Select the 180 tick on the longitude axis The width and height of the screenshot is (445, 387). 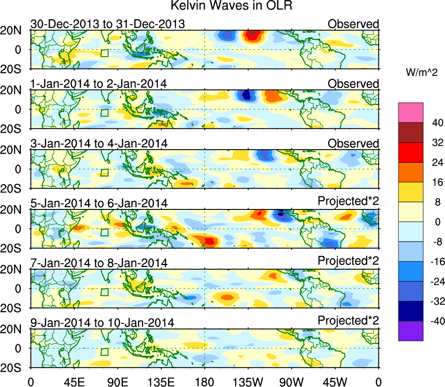pos(204,381)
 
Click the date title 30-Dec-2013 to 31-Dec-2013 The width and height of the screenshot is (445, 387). pos(108,24)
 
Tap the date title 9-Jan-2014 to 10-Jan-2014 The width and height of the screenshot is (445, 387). pos(102,323)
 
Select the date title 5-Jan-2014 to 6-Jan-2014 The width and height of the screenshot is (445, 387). pos(99,203)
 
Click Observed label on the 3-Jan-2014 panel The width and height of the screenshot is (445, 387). pos(353,144)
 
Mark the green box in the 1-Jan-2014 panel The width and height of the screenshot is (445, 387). pos(104,113)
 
